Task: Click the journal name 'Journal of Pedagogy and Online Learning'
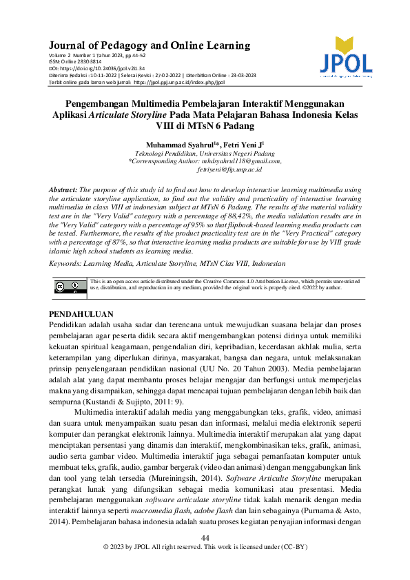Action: [150, 46]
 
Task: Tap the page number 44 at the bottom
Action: [205, 558]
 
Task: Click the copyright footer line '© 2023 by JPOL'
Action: [205, 566]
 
